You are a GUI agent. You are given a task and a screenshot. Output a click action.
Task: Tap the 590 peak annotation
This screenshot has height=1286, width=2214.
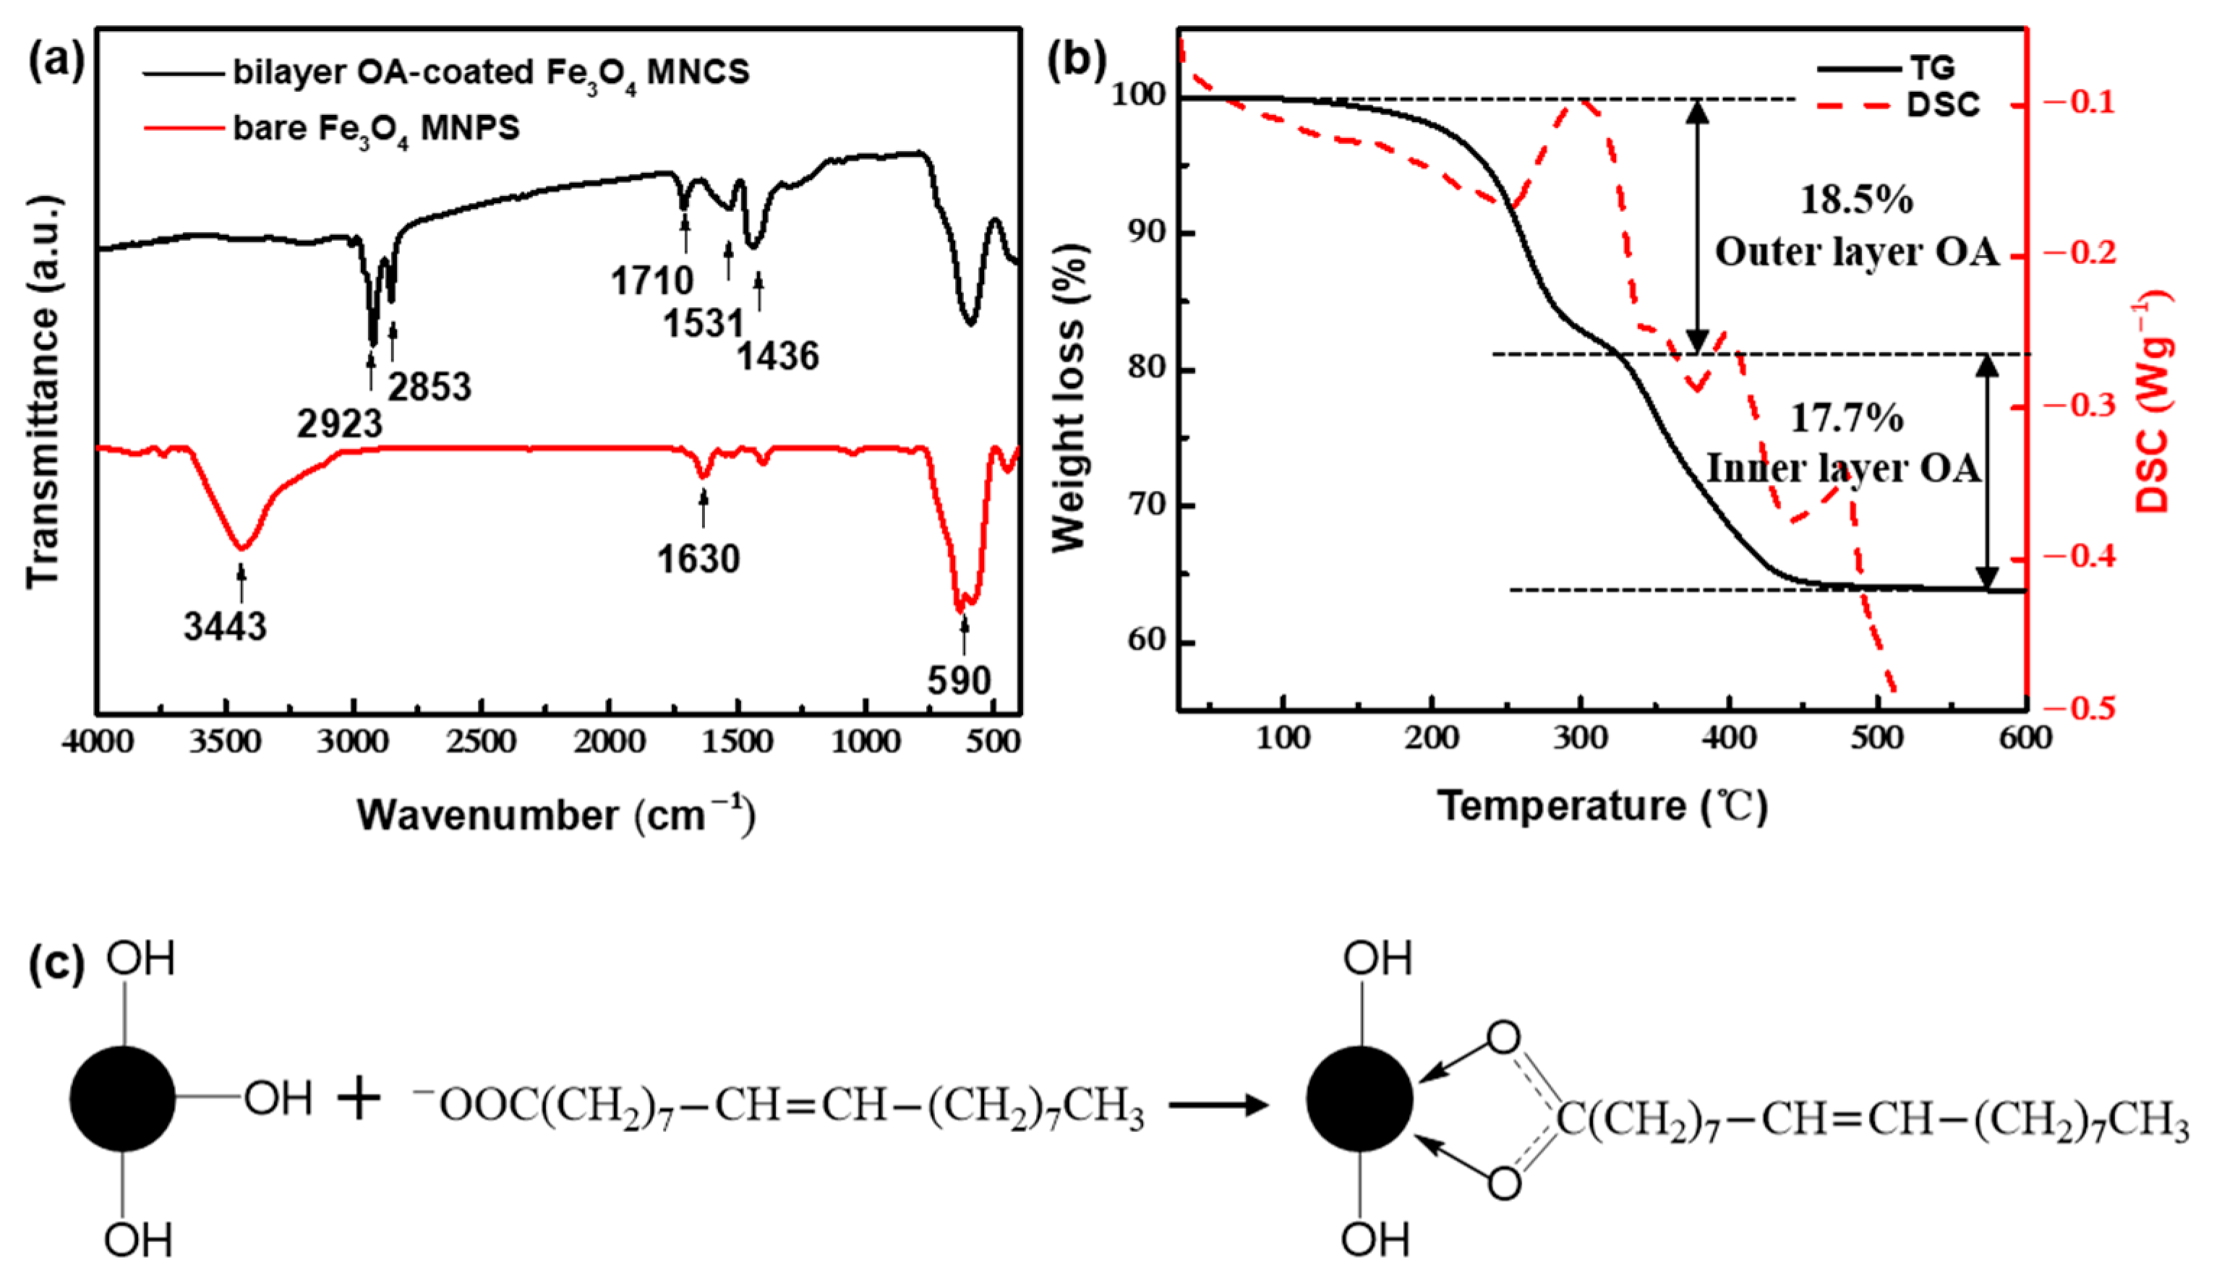point(959,681)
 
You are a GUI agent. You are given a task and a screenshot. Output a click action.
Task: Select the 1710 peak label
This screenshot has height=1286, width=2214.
point(652,281)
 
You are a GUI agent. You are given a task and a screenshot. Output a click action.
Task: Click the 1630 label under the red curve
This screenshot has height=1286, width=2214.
point(698,560)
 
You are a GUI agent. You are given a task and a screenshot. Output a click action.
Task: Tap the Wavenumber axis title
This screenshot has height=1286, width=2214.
point(556,815)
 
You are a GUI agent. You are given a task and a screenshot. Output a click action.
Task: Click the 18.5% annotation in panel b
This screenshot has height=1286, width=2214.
point(1856,200)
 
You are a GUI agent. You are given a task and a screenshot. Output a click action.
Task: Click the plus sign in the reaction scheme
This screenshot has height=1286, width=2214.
point(359,1099)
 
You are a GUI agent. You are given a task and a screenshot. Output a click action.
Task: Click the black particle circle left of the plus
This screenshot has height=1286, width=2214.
point(122,1099)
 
